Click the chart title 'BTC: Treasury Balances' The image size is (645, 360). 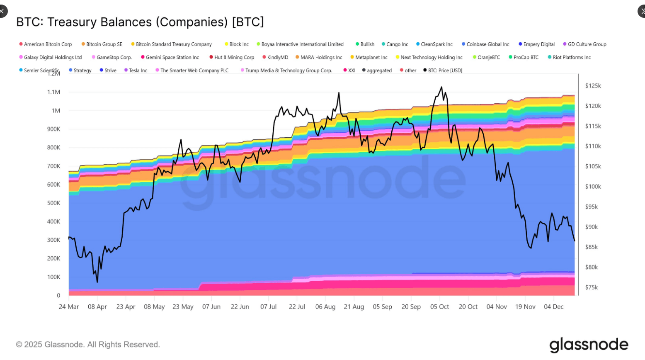[140, 22]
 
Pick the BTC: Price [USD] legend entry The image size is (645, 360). [445, 71]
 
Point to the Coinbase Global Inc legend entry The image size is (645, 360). [487, 44]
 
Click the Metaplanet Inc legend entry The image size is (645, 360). [371, 57]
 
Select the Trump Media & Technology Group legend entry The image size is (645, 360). [289, 71]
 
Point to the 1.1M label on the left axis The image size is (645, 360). [53, 92]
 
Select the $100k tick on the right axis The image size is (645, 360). [593, 187]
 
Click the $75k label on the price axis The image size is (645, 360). [592, 287]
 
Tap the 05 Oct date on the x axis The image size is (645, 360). [439, 307]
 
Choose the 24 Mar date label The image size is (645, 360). [69, 307]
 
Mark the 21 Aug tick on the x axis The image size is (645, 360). [354, 307]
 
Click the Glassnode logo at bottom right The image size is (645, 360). [589, 345]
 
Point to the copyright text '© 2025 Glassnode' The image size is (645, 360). [88, 345]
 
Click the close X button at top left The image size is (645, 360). [2, 11]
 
